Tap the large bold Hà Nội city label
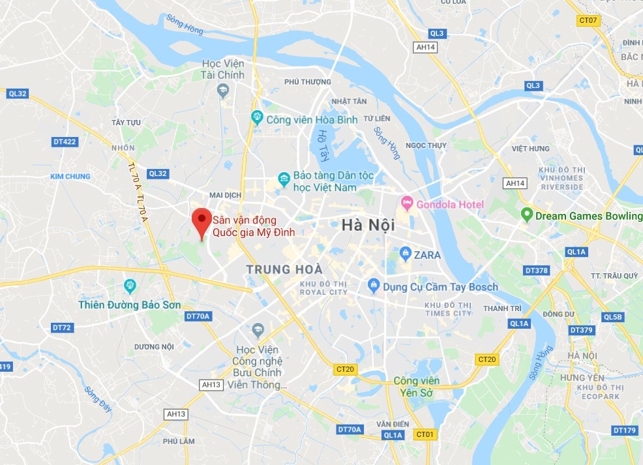368,225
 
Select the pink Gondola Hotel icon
407,204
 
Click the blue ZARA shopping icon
405,254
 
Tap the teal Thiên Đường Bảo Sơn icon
129,286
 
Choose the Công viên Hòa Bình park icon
257,119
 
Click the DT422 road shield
65,142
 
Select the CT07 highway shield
588,20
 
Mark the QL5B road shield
613,317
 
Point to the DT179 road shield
624,430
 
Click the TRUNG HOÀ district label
284,269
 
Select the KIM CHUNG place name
70,176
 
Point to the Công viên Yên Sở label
416,386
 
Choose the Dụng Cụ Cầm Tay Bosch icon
373,286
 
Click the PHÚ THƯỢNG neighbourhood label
308,82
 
